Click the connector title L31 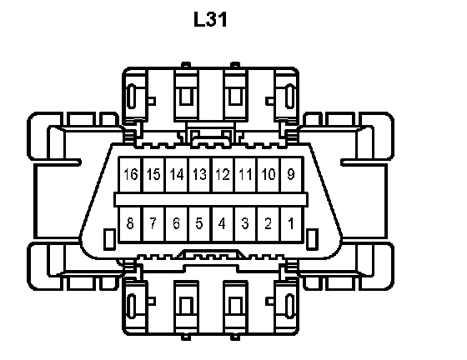[x=210, y=20]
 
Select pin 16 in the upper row [x=131, y=175]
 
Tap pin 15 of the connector [x=153, y=175]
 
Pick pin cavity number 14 [x=177, y=175]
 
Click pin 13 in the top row [x=200, y=175]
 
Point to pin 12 [x=223, y=175]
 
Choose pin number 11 [x=246, y=175]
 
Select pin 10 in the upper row [x=269, y=175]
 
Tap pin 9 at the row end [x=292, y=175]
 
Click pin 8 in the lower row [x=131, y=224]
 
